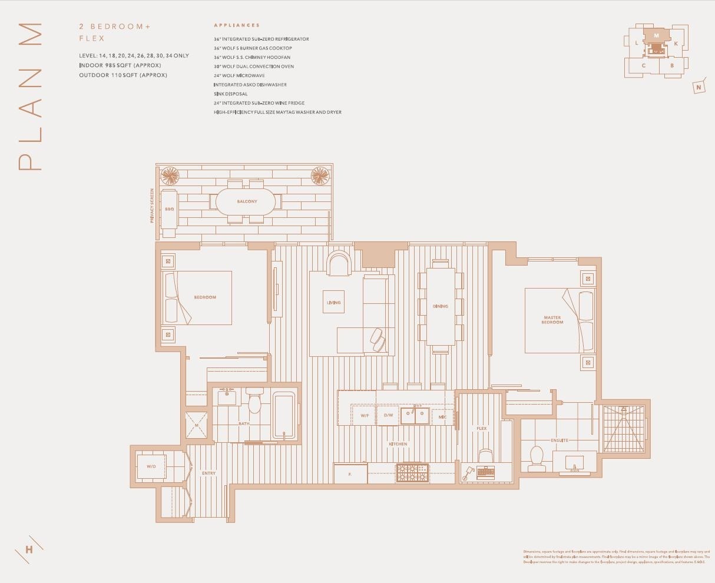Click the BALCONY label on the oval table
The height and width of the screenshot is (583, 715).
click(x=247, y=201)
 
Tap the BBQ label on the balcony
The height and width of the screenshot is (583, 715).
click(x=169, y=209)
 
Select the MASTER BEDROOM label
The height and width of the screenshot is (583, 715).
click(x=552, y=320)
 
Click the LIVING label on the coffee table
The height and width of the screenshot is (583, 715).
click(x=333, y=303)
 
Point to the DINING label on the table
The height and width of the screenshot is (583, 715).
click(x=440, y=306)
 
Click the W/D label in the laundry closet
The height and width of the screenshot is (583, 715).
click(x=151, y=466)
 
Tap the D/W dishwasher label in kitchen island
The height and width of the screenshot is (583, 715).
click(x=388, y=415)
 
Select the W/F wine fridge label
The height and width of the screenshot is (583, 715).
click(x=365, y=415)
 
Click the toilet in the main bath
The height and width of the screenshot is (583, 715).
click(x=255, y=402)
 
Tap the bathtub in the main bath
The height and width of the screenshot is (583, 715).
click(x=284, y=415)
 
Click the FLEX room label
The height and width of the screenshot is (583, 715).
click(x=481, y=428)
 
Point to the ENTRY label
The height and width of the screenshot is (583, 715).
click(x=208, y=473)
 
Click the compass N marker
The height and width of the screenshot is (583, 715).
click(x=699, y=87)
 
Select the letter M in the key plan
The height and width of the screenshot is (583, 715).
click(x=656, y=36)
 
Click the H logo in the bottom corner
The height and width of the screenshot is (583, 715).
click(x=29, y=550)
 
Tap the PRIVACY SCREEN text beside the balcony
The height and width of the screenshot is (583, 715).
click(x=152, y=206)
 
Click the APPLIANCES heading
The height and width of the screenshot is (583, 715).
click(x=237, y=25)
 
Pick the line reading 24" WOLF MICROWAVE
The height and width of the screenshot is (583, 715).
click(x=239, y=75)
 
